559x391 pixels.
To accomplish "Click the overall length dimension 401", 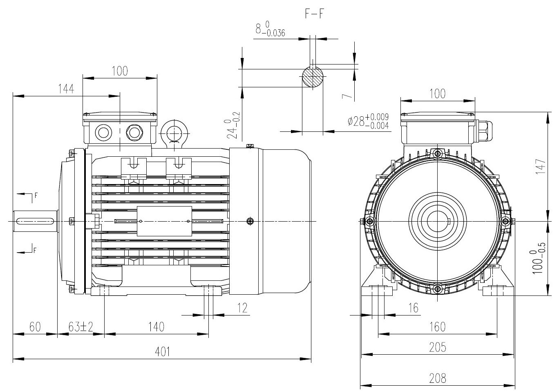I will click(x=163, y=352).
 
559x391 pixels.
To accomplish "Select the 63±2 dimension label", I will click(x=80, y=327).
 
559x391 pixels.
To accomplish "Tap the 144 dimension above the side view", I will click(x=66, y=89).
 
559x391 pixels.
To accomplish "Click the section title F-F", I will click(x=315, y=13).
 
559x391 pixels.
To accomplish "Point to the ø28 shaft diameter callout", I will click(x=368, y=121).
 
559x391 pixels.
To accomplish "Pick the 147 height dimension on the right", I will click(x=540, y=167).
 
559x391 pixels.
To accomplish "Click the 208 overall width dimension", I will click(x=437, y=378).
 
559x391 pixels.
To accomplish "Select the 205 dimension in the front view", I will click(x=437, y=347).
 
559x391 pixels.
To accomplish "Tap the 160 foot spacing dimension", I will click(x=437, y=327).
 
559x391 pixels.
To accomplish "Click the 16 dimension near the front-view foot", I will click(x=414, y=308).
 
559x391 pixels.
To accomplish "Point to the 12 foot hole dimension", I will click(x=242, y=308).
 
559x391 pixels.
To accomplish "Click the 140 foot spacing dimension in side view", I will click(x=156, y=327).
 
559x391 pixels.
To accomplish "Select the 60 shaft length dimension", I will click(x=35, y=327).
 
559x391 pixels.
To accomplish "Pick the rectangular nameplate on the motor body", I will click(x=164, y=221).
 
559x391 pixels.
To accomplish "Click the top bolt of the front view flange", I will click(x=438, y=154).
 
